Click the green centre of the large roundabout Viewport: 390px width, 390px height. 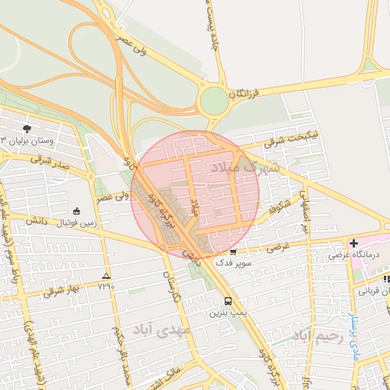(215, 100)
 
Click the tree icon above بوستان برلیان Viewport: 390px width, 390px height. (27, 129)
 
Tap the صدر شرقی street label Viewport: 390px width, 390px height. (50, 161)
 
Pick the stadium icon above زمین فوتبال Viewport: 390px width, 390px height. (75, 210)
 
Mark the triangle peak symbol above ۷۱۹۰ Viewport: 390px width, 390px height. (105, 276)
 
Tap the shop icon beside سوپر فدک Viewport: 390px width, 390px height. (233, 251)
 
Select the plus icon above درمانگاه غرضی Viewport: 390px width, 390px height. (353, 243)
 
